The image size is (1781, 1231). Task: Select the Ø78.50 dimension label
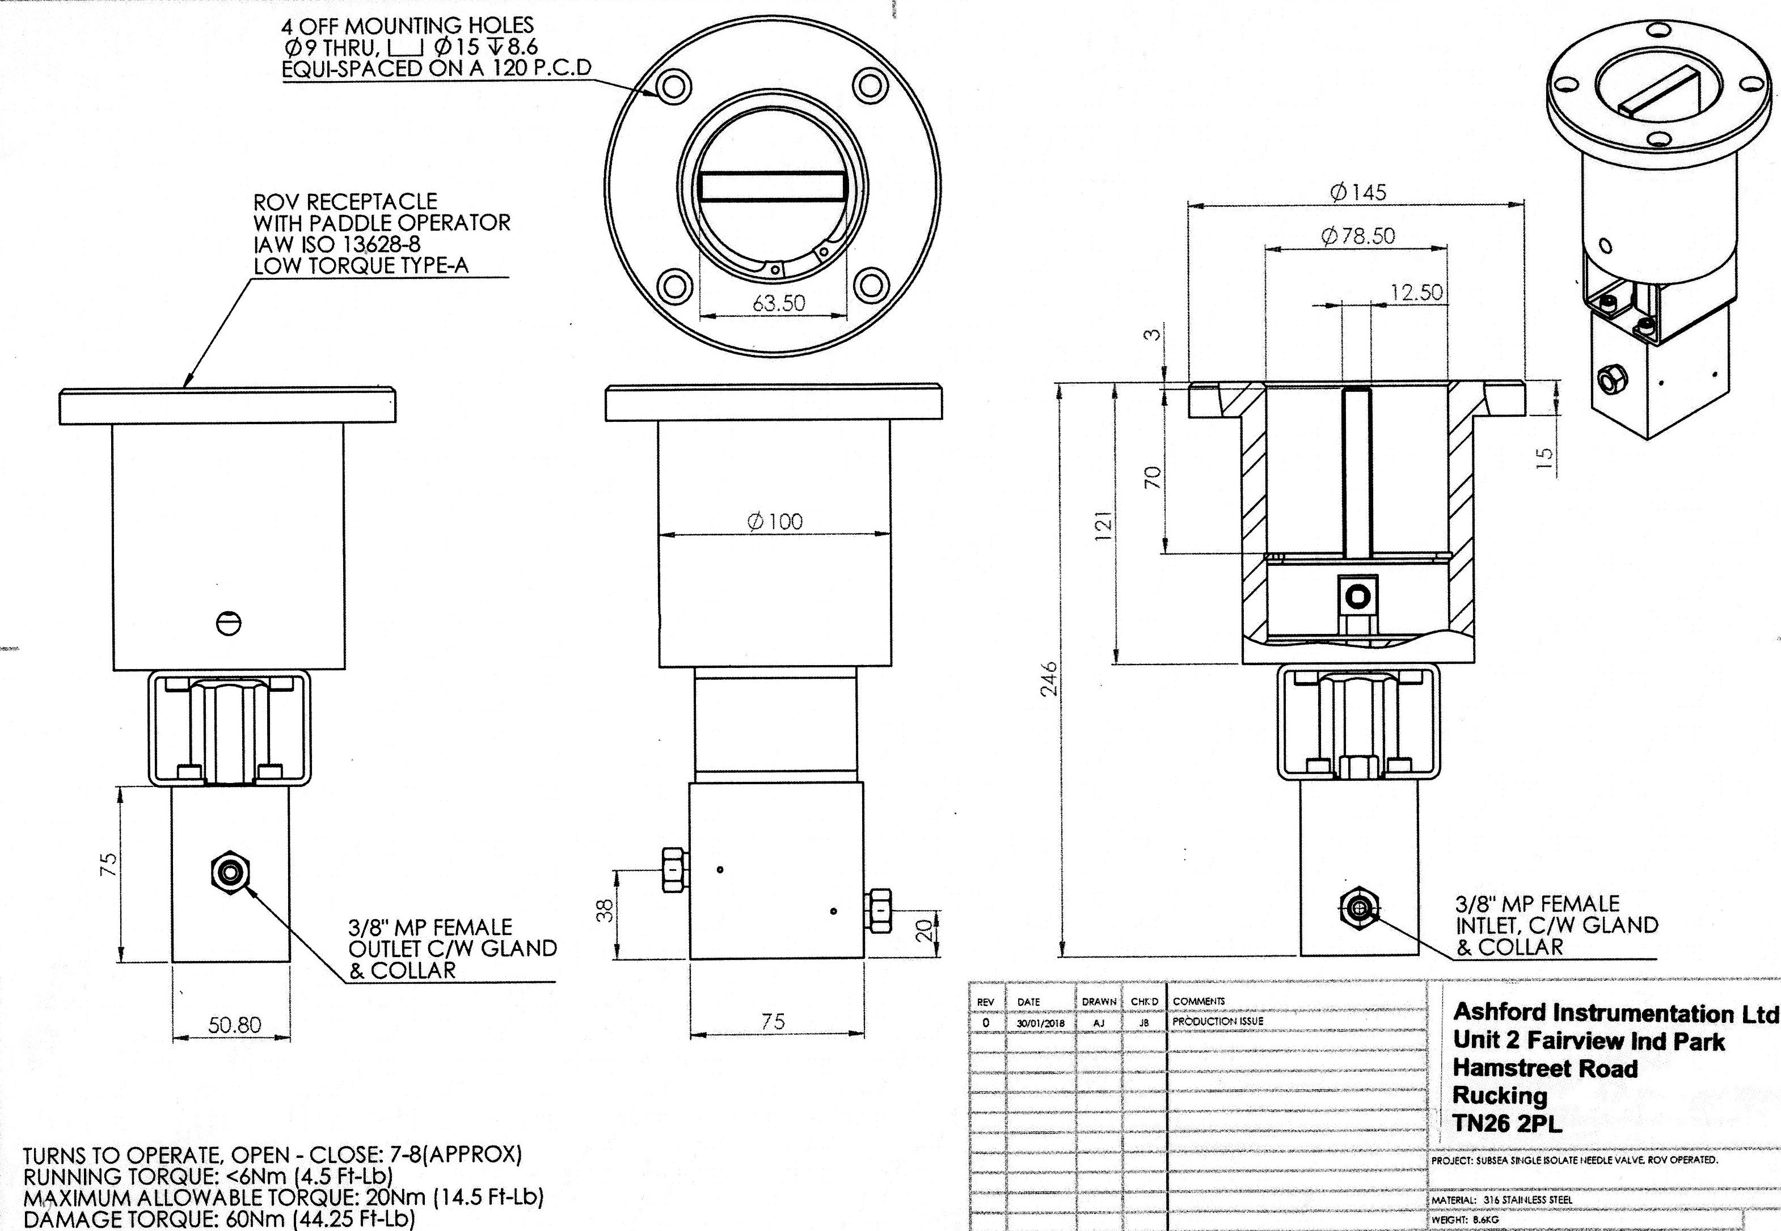coord(1357,236)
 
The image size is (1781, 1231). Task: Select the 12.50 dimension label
coord(1416,293)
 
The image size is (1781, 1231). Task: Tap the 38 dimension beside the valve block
coord(606,910)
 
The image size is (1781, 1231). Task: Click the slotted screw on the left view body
coord(229,623)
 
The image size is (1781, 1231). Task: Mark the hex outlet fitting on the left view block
coord(230,872)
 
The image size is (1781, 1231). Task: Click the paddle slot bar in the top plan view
coord(772,187)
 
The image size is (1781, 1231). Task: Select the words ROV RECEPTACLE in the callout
coord(345,202)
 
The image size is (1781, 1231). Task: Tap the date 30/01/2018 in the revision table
coord(1040,1023)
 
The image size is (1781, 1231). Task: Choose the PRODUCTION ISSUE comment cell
coord(1218,1021)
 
